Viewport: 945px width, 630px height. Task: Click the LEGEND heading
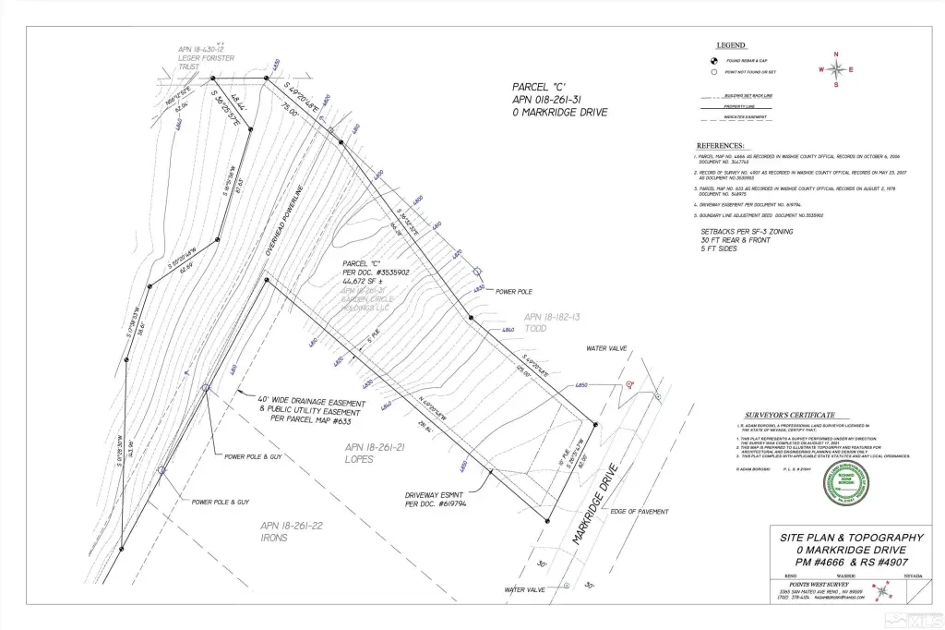click(731, 44)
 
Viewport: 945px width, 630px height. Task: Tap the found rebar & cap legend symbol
click(714, 60)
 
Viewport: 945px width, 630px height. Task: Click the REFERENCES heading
click(720, 146)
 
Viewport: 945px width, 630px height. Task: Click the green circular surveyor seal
click(846, 483)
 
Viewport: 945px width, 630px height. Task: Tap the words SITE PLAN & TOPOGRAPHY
click(852, 537)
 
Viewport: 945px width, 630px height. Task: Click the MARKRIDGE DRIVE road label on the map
click(595, 509)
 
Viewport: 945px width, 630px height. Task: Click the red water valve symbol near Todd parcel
click(629, 383)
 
